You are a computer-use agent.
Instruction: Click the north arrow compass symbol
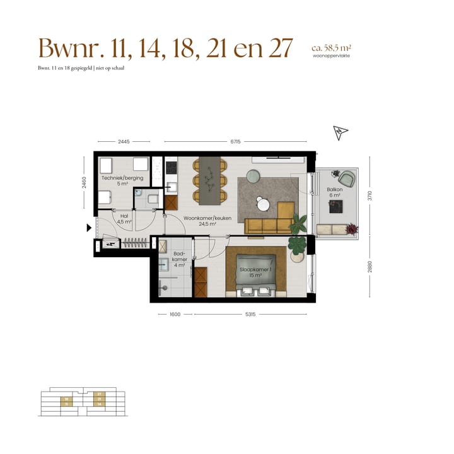pyautogui.click(x=340, y=132)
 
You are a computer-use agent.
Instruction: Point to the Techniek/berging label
pyautogui.click(x=122, y=182)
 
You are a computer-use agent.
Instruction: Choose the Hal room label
pyautogui.click(x=124, y=219)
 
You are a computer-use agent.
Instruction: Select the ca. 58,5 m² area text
pyautogui.click(x=331, y=47)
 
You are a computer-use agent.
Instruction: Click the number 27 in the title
pyautogui.click(x=280, y=48)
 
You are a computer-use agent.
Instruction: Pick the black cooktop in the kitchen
pyautogui.click(x=172, y=167)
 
